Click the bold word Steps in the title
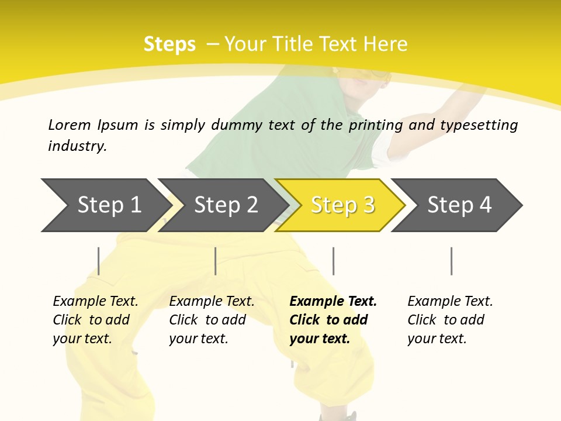(x=169, y=44)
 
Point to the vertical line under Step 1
(x=98, y=261)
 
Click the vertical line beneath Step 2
(x=216, y=261)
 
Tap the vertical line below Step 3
(x=333, y=261)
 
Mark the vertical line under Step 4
(x=451, y=261)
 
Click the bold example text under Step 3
(x=333, y=320)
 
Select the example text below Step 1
(x=95, y=320)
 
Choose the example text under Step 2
(x=212, y=320)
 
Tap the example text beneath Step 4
(x=450, y=320)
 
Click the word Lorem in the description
(x=69, y=125)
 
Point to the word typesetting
(x=479, y=125)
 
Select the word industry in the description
(x=77, y=146)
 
